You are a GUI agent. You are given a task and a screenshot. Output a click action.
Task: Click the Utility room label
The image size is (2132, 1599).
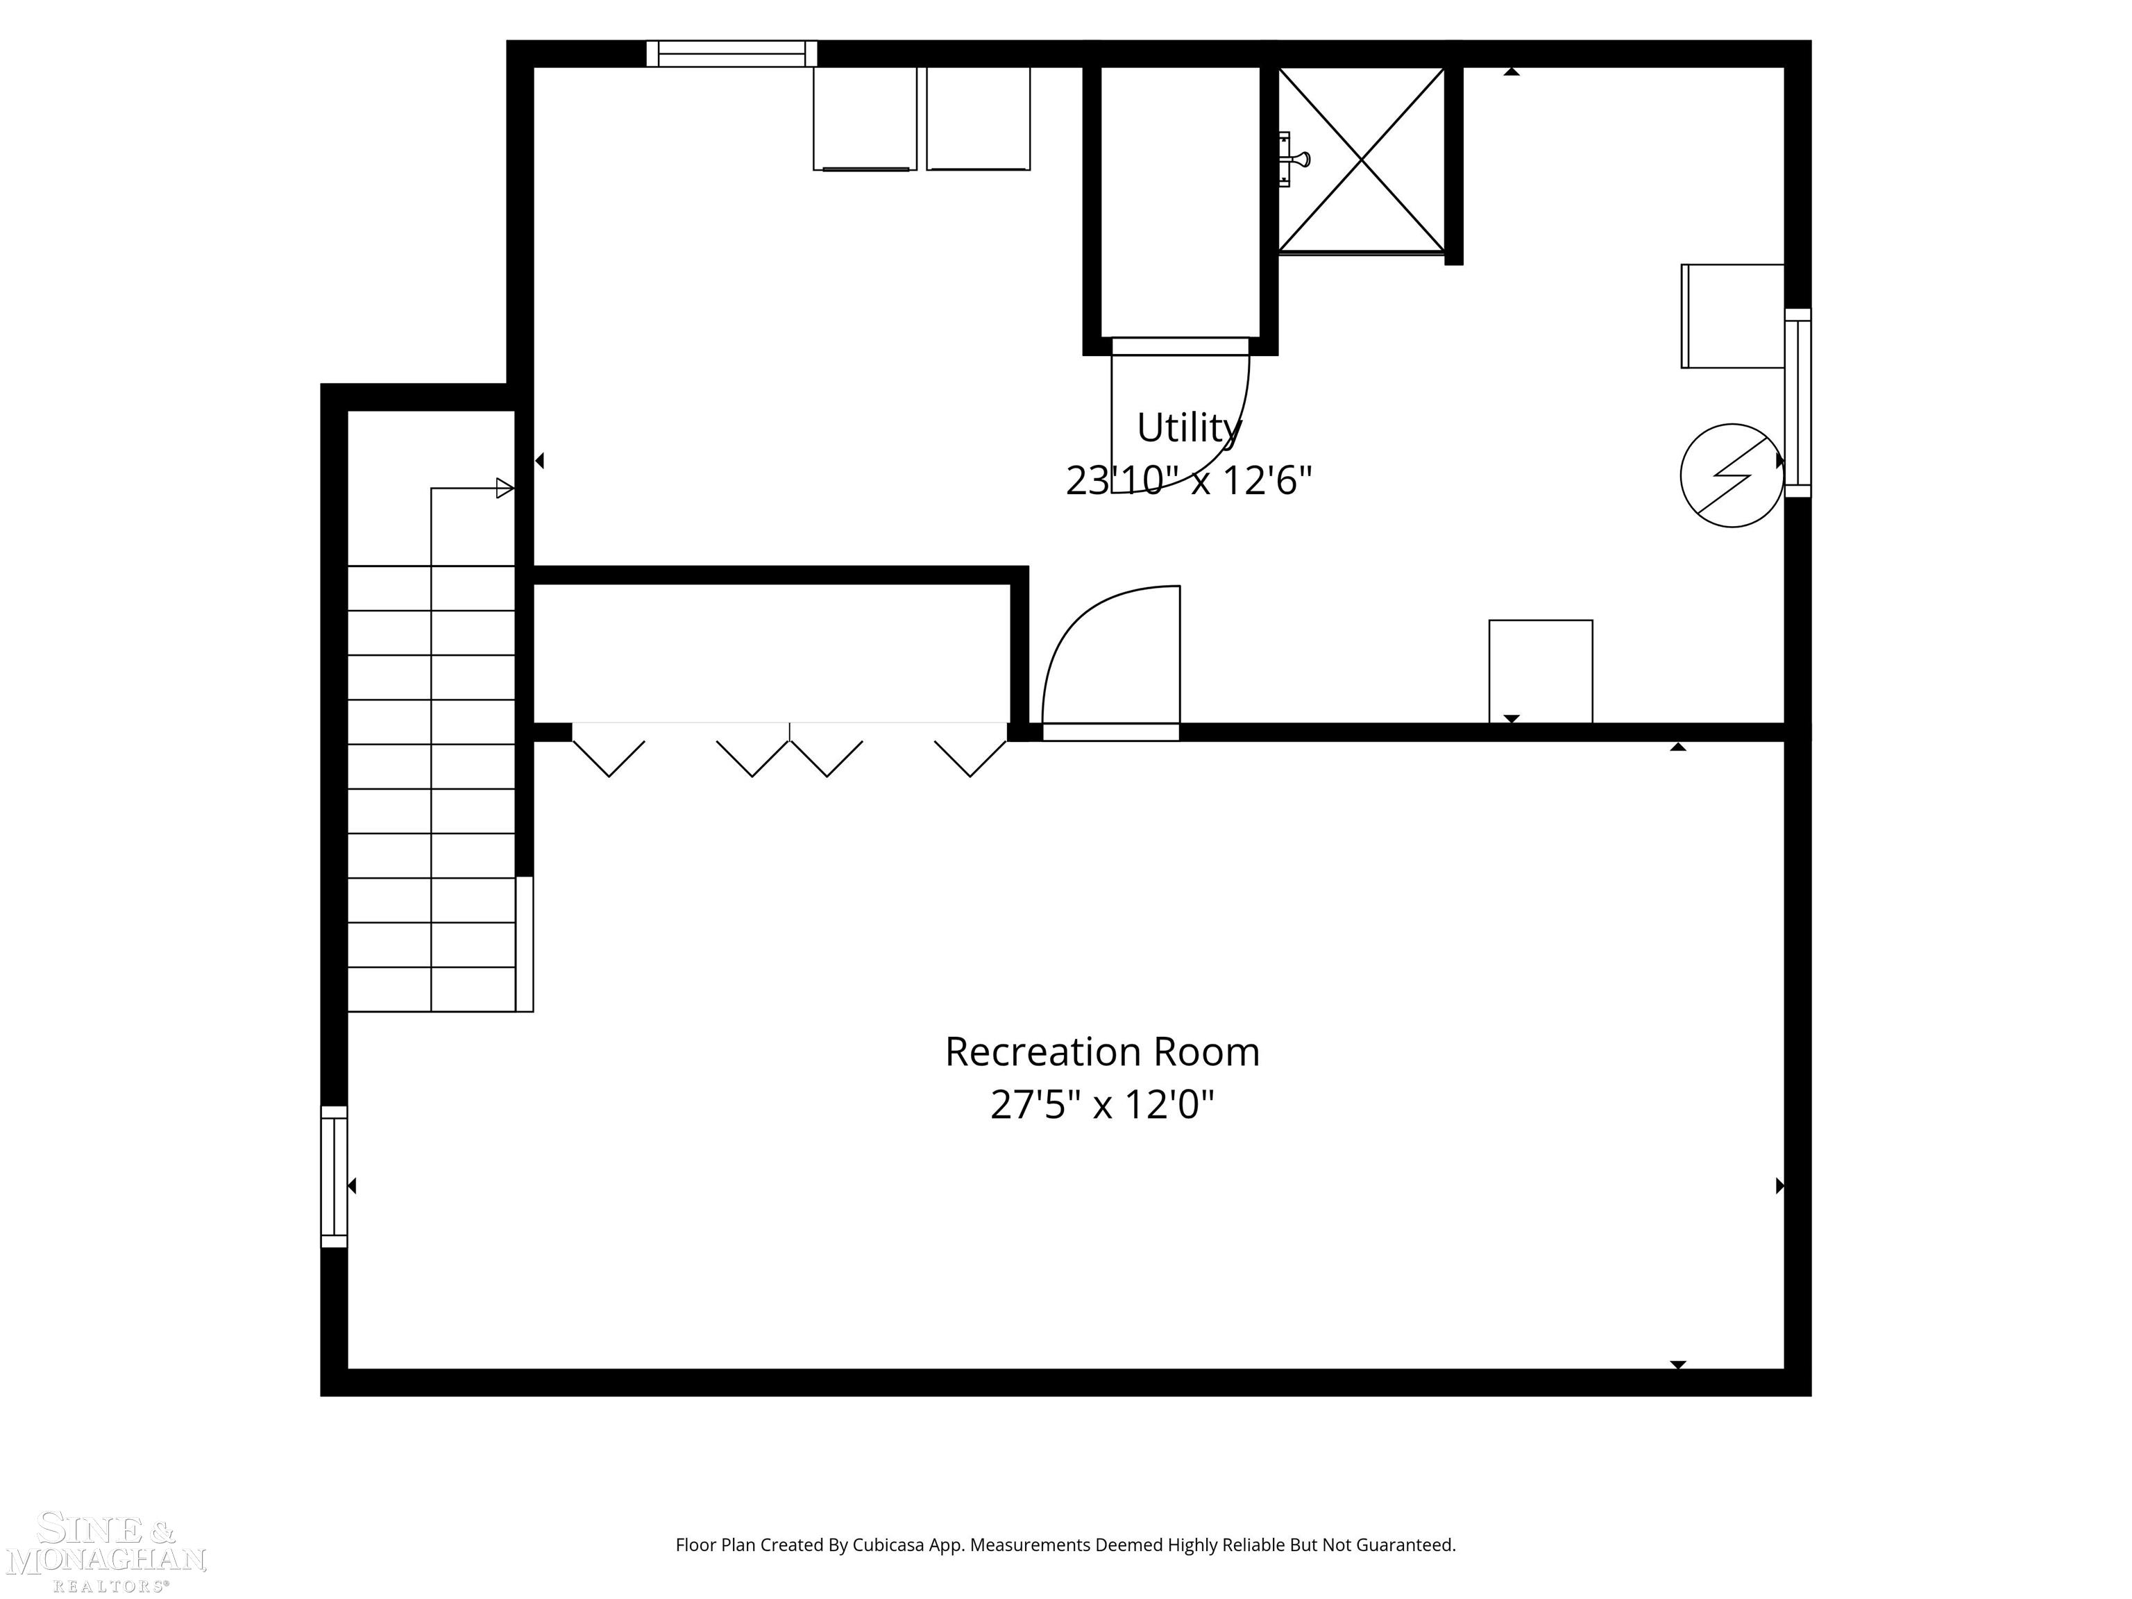1188,428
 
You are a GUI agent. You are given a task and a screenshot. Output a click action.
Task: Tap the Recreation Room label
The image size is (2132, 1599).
1101,1051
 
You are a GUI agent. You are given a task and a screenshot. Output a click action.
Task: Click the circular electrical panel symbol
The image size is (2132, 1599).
1731,475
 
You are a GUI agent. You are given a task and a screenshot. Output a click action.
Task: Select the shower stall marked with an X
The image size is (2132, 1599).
1361,160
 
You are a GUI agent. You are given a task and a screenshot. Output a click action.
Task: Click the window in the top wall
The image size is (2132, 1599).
731,54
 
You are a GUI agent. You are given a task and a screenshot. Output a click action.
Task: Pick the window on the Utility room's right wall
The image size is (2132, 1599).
1797,403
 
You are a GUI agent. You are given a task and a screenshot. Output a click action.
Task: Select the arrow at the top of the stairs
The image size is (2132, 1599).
504,489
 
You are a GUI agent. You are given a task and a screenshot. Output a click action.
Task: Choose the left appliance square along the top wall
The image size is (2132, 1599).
865,119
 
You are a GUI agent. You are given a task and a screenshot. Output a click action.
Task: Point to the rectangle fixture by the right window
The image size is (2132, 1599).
1732,316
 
